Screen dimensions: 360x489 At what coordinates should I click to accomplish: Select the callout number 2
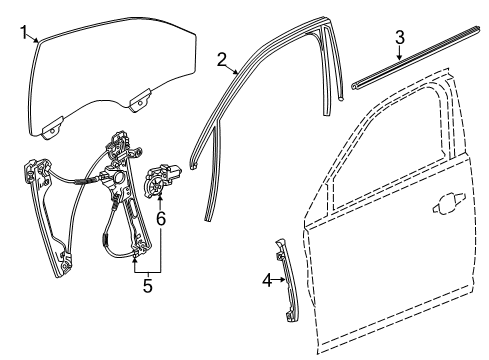click(x=221, y=60)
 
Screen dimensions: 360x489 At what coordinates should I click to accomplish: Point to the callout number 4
click(x=266, y=281)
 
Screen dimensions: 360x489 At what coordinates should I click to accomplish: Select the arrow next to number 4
click(x=278, y=281)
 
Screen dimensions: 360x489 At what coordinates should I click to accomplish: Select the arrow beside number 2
click(x=236, y=72)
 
